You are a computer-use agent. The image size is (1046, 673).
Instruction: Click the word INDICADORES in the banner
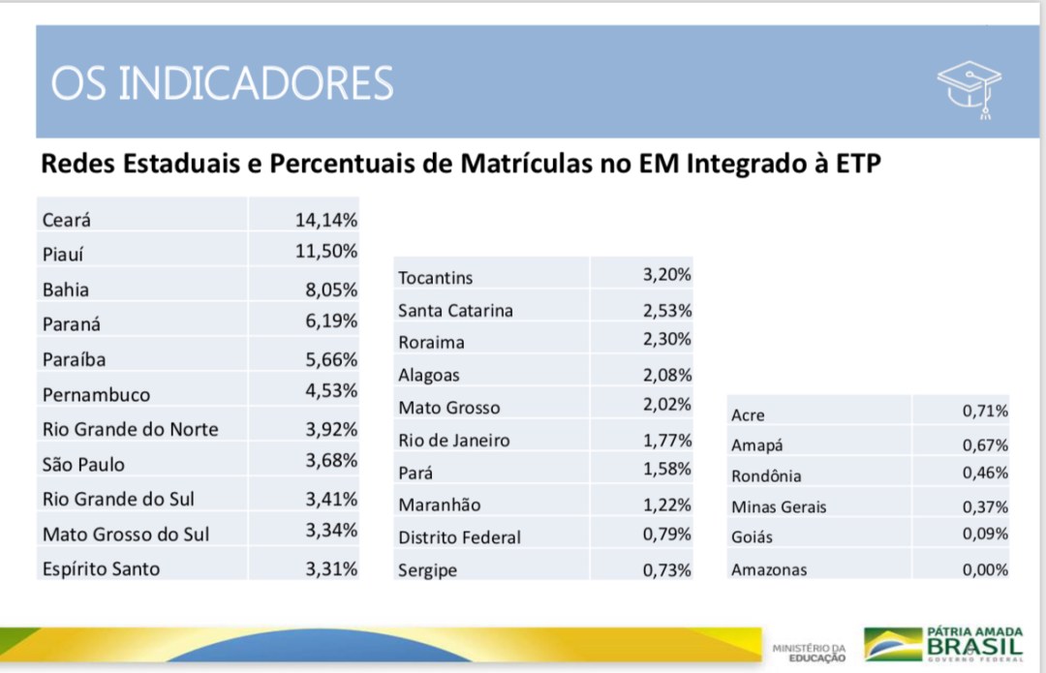(256, 83)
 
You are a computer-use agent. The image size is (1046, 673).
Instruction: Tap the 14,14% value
(326, 220)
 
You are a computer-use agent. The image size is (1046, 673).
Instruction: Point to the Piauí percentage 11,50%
(326, 251)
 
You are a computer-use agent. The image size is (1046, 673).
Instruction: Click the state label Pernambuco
(96, 394)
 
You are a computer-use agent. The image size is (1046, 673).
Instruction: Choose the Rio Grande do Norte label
(130, 429)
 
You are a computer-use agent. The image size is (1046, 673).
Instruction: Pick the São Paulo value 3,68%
(331, 460)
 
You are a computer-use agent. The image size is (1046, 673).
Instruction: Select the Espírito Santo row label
(101, 569)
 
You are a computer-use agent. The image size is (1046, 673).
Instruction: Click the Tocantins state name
(436, 278)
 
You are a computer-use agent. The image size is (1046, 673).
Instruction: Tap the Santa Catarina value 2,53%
(667, 310)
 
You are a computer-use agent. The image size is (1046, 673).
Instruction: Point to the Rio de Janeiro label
(453, 441)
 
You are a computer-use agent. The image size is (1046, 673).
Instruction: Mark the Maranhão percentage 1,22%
(667, 505)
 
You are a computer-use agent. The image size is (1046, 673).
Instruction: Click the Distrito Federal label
(460, 536)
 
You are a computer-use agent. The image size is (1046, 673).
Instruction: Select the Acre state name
(748, 414)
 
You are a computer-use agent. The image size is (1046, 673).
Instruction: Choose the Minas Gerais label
(779, 506)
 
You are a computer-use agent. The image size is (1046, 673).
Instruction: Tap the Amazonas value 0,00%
(985, 569)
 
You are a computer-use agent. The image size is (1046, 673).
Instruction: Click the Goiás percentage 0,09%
(985, 534)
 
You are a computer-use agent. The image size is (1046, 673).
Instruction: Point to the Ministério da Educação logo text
(809, 653)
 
